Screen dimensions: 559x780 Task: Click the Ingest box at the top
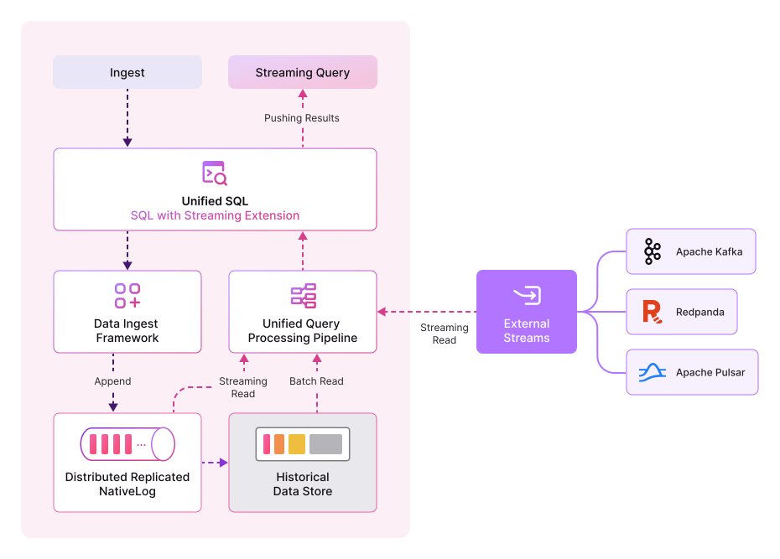point(127,73)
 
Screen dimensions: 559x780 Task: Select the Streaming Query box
point(303,73)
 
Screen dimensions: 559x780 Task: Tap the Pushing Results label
point(302,118)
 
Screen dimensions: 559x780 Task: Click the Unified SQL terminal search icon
point(215,173)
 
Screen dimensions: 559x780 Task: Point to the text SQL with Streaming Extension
point(215,215)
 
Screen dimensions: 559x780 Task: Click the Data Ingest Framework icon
point(127,296)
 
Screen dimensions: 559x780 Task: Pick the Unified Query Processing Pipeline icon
point(303,296)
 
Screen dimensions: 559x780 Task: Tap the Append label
point(112,381)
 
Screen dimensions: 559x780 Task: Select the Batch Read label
point(316,381)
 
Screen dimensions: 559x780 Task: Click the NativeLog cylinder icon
point(127,444)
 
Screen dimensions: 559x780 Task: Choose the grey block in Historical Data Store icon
point(325,444)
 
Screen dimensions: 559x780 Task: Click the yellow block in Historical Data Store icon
point(297,444)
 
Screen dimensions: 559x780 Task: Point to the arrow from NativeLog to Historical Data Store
point(215,462)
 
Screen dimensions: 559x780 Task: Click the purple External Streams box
point(527,312)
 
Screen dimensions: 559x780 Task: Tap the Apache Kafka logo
point(653,251)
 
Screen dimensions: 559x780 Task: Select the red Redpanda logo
point(652,312)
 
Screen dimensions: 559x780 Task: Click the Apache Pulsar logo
point(653,372)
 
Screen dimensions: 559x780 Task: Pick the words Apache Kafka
point(709,251)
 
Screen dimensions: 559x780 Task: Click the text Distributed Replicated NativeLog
point(127,484)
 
